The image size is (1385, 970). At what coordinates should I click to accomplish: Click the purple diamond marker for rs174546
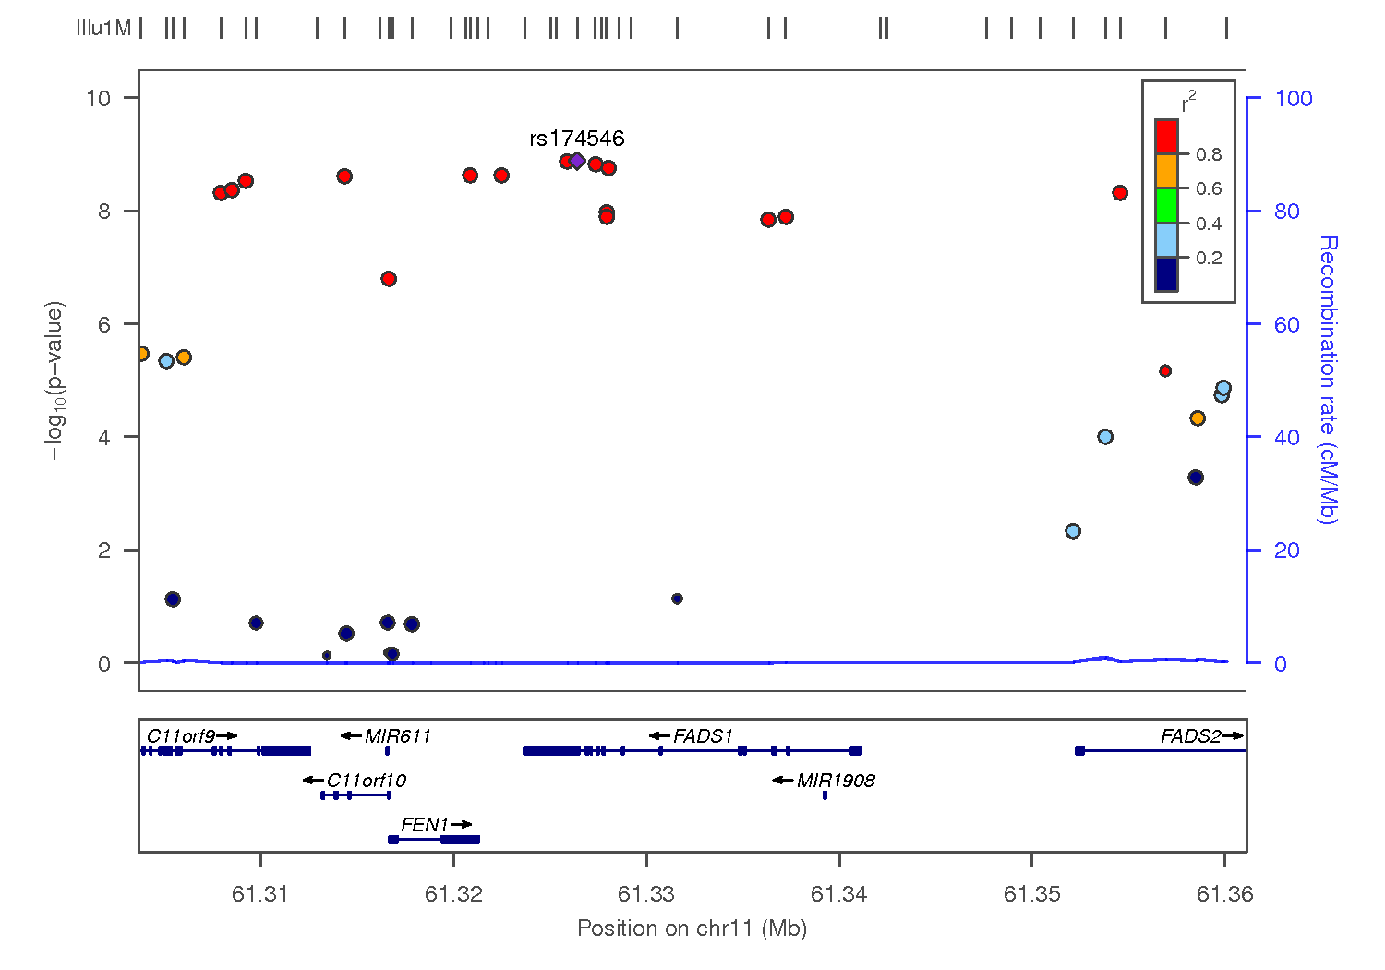[577, 161]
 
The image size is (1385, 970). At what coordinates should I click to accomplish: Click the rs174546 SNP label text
[577, 139]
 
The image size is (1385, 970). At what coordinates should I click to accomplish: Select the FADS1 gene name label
[703, 736]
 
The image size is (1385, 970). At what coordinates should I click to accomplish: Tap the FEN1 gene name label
[425, 824]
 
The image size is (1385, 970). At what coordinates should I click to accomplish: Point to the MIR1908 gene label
[836, 781]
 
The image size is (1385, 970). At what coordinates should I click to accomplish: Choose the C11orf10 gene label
[367, 781]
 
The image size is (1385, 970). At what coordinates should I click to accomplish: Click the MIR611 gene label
[398, 736]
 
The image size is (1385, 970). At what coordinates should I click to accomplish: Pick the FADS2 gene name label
[1191, 736]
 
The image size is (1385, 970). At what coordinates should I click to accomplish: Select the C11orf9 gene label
[181, 736]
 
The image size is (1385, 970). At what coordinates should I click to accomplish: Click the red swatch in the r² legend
[1166, 137]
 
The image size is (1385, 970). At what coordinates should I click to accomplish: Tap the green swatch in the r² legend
[1166, 205]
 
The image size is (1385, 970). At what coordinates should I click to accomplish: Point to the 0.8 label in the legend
[1209, 154]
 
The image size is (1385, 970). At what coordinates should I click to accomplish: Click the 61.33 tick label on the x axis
[646, 893]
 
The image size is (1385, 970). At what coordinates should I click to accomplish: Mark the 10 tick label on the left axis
[98, 98]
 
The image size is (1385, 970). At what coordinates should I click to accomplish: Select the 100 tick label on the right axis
[1294, 99]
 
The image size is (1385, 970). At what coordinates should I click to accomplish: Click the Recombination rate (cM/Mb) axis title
[1328, 379]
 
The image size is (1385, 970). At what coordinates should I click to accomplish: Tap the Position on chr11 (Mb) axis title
[692, 928]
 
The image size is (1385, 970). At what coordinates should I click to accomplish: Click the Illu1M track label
[103, 29]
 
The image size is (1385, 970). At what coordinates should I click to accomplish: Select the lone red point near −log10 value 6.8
[389, 279]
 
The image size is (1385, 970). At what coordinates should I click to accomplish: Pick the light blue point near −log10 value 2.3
[1073, 531]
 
